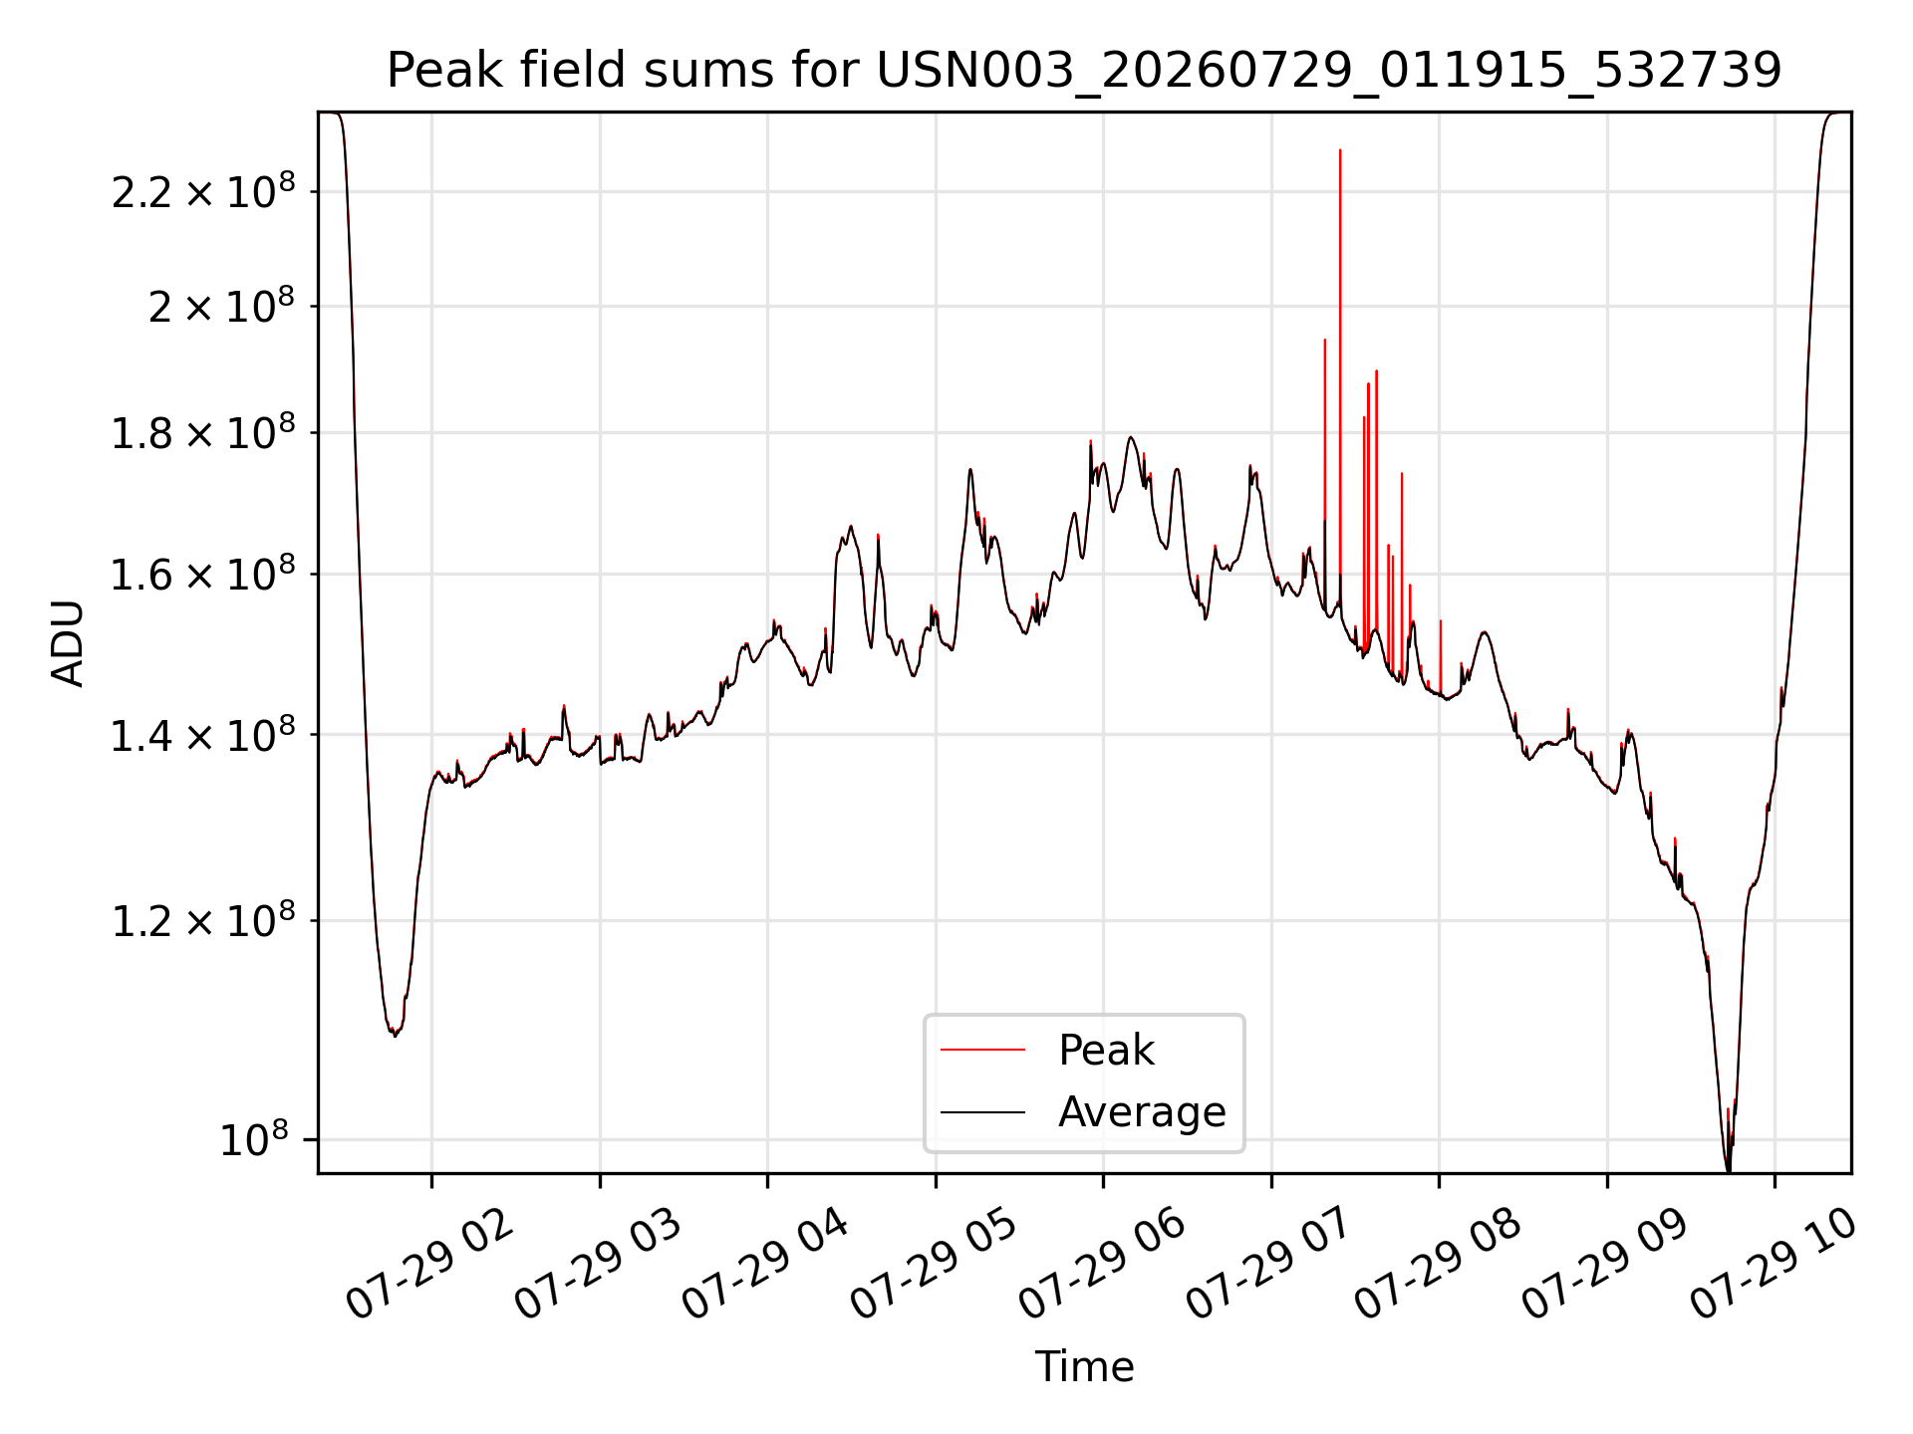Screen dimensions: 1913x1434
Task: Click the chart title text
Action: click(x=1084, y=71)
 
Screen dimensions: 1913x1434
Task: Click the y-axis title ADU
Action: click(x=68, y=643)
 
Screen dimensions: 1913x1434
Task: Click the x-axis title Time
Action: click(x=1084, y=1367)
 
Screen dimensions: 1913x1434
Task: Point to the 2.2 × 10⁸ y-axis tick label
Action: click(x=203, y=191)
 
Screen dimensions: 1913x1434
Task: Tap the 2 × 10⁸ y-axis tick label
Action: click(x=221, y=306)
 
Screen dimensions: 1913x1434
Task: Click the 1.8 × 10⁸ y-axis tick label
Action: click(x=203, y=433)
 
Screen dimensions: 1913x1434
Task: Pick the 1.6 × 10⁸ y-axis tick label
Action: click(x=203, y=575)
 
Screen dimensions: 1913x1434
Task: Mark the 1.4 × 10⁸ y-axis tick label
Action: click(x=203, y=736)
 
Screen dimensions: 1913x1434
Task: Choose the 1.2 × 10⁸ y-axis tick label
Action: click(x=203, y=921)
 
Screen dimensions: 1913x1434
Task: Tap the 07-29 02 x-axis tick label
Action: click(x=429, y=1265)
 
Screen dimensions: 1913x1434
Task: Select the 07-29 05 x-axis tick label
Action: click(x=934, y=1265)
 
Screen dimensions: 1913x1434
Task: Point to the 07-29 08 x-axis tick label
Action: click(x=1438, y=1265)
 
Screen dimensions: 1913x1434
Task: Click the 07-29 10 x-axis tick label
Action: click(x=1774, y=1265)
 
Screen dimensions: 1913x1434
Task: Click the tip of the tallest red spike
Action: click(x=1340, y=150)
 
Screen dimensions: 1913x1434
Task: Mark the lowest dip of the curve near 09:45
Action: click(x=1728, y=1171)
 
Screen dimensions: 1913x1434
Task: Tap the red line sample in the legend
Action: click(x=982, y=1050)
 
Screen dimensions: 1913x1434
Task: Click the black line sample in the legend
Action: click(x=982, y=1111)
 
